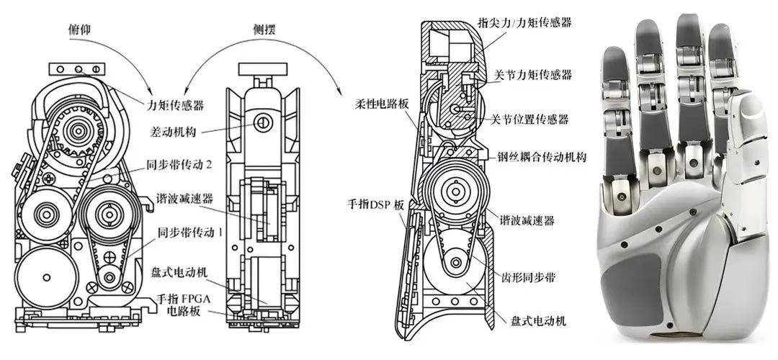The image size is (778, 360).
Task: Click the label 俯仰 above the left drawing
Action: point(79,30)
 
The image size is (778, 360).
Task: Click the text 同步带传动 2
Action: point(179,165)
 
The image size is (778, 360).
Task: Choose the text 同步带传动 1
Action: point(187,233)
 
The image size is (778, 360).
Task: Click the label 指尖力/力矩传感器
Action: point(524,22)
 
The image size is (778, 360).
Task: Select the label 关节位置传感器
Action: point(529,119)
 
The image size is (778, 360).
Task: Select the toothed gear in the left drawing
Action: point(77,130)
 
